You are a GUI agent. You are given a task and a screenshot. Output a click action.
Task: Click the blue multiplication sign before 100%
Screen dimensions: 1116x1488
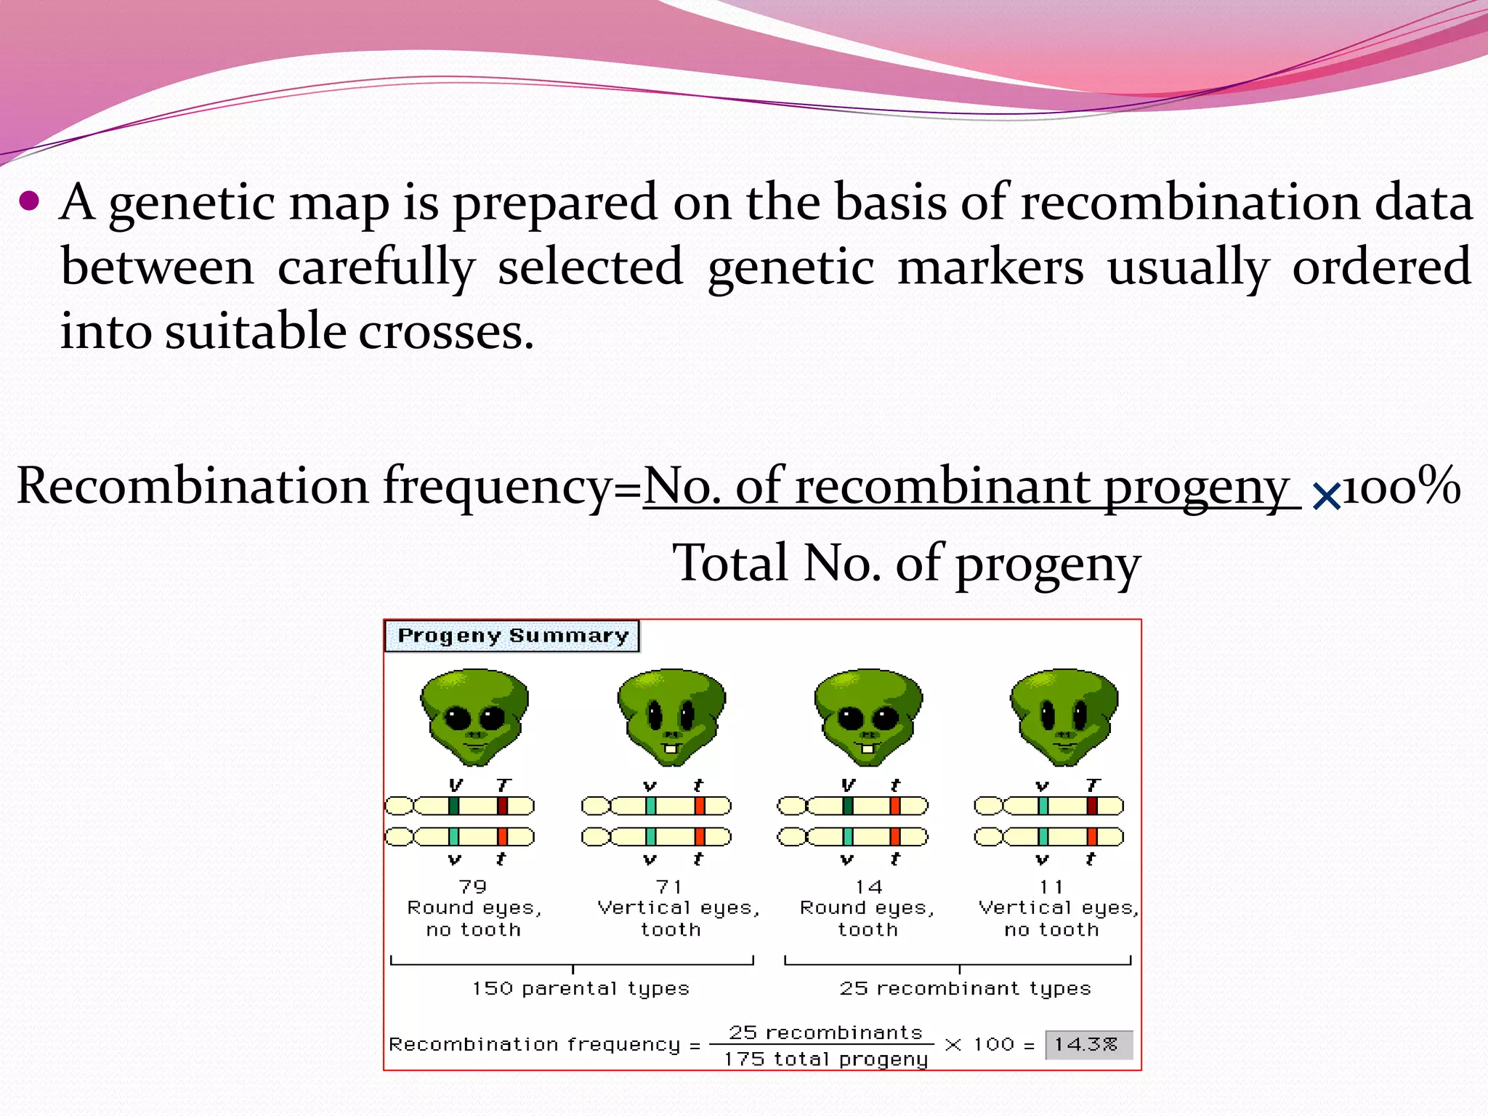1326,497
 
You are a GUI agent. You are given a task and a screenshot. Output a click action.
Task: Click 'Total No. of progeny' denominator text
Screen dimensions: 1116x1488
905,563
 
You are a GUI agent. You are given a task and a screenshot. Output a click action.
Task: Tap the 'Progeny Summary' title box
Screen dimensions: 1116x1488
511,636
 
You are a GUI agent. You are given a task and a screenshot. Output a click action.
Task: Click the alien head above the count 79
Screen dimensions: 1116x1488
474,716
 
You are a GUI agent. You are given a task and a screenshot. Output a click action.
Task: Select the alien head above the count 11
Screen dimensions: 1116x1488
1064,716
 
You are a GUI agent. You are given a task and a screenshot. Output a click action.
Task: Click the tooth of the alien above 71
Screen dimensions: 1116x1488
672,748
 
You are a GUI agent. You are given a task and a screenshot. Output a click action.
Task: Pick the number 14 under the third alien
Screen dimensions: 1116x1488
868,887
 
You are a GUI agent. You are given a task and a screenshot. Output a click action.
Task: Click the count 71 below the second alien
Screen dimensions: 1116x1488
669,887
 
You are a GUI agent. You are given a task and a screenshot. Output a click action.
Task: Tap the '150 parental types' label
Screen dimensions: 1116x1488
580,988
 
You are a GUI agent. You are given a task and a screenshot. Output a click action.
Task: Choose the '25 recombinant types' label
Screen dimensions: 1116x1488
965,988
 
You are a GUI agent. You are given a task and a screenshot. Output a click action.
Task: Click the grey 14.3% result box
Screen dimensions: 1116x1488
1088,1045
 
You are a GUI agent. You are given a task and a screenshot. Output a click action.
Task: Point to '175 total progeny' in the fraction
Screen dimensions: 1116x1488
825,1059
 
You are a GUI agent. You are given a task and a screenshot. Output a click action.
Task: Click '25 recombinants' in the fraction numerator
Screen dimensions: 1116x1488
825,1032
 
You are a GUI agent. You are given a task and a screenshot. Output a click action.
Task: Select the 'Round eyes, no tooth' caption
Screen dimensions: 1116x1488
474,918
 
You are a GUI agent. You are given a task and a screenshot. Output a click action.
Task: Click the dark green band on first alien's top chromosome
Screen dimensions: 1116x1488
453,806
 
